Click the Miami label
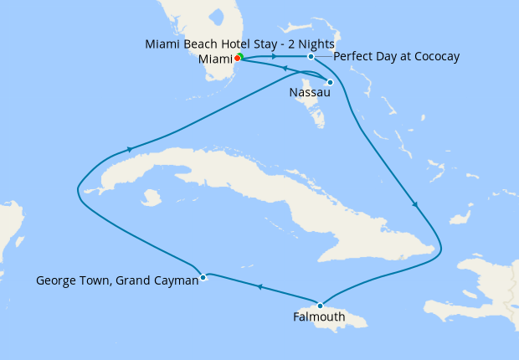[x=214, y=59]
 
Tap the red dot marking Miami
[x=238, y=58]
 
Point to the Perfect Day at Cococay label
[x=396, y=57]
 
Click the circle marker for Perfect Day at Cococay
[x=311, y=57]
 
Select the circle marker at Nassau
[x=331, y=82]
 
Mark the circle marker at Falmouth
[x=320, y=306]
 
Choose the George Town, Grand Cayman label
[x=117, y=280]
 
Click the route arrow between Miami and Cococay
[x=275, y=57]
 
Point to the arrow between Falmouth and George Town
[x=259, y=288]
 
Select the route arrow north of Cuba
[x=130, y=149]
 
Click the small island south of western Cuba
[x=151, y=198]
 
